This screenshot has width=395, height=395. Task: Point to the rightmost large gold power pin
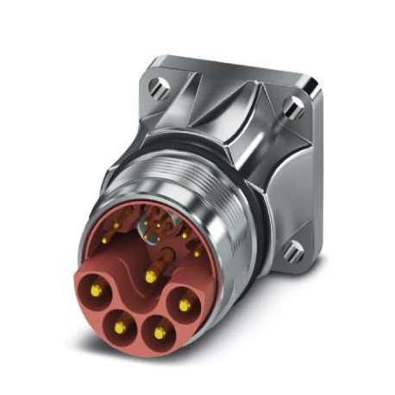(184, 304)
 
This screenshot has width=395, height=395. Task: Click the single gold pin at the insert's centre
(151, 276)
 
